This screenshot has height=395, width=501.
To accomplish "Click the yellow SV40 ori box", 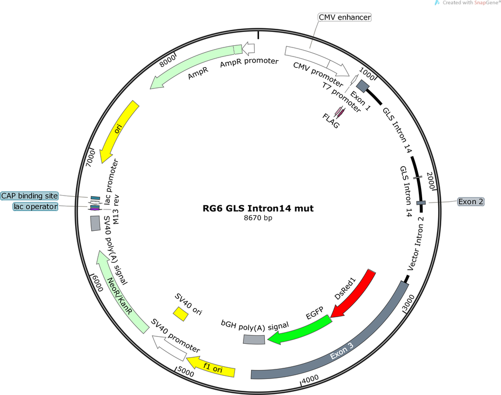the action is [181, 314].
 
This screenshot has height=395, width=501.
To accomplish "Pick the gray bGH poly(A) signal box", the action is [254, 339].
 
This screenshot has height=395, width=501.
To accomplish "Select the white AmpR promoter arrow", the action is [248, 49].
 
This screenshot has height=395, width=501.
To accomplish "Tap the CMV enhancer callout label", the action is [345, 17].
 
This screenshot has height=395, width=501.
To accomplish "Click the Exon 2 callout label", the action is [471, 201].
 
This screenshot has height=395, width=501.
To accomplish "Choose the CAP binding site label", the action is [29, 196].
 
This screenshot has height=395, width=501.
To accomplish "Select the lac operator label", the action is [36, 206].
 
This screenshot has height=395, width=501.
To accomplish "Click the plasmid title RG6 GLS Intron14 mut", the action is [258, 208].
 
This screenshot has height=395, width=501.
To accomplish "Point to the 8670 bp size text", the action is [258, 218].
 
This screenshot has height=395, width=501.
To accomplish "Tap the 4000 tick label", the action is [310, 380].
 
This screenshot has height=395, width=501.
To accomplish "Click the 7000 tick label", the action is [91, 158].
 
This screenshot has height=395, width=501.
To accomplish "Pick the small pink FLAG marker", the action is [340, 111].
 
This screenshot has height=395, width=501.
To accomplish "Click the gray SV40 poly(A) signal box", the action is [95, 223].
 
